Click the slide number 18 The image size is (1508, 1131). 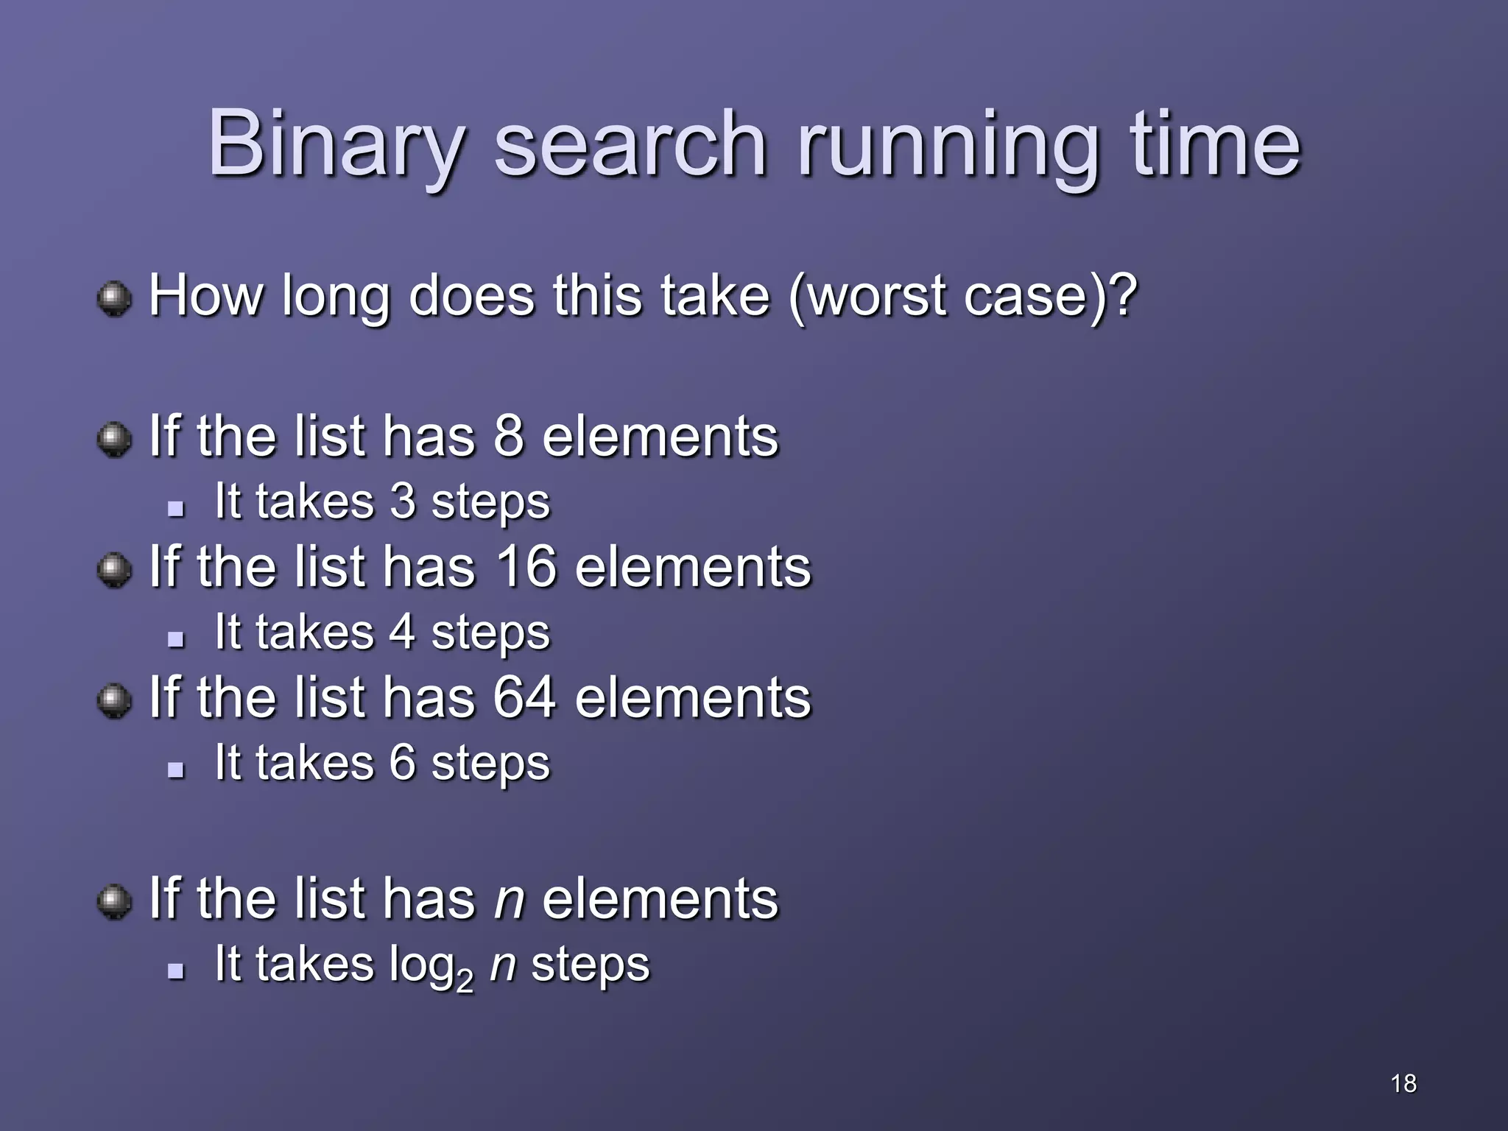point(1403,1083)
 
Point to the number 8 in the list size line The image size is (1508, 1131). point(509,436)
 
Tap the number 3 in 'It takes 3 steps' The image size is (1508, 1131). point(403,501)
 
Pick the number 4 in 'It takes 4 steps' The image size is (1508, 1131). point(403,633)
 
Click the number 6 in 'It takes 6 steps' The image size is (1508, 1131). point(403,762)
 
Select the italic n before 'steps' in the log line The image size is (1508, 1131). point(503,964)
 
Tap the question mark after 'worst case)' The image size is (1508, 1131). point(1123,295)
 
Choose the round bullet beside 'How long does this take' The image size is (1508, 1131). point(114,299)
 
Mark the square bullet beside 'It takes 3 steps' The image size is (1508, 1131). point(175,508)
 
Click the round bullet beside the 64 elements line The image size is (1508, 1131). point(114,700)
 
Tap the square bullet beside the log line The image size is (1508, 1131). point(175,970)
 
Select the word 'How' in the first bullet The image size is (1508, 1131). point(205,295)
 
